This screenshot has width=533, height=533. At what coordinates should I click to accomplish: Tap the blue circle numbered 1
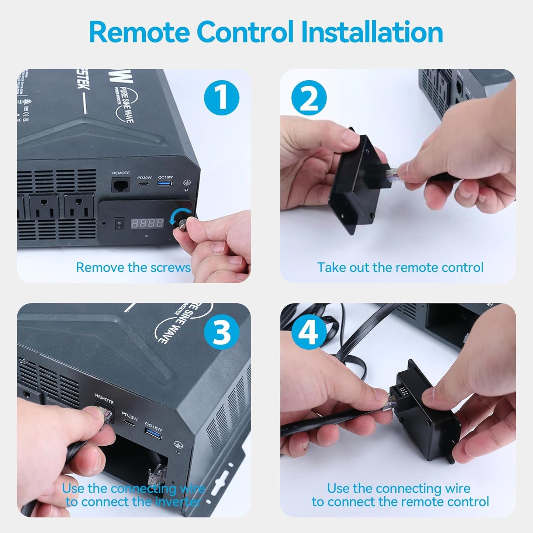point(221,98)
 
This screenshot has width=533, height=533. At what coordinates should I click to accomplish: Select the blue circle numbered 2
point(309,98)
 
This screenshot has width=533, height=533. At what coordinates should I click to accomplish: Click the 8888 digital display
point(148,223)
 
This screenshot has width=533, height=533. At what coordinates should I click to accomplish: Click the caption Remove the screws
point(133,267)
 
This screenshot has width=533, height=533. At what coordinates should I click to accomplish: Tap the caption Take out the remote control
point(400,267)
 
